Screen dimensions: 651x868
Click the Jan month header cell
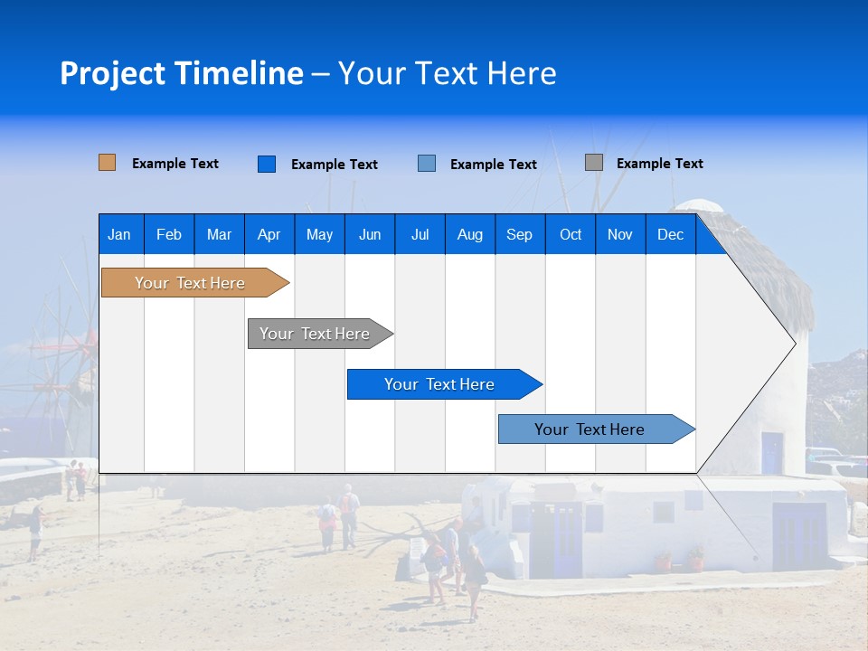pos(120,234)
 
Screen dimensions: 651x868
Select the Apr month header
pos(269,234)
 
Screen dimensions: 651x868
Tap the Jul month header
pos(420,234)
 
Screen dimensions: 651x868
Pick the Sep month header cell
pos(520,234)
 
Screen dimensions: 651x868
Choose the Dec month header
pos(670,234)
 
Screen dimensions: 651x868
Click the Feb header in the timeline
pos(169,234)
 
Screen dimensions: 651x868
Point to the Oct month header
pos(571,234)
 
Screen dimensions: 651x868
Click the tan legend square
pos(108,163)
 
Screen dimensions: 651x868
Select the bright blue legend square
pos(267,164)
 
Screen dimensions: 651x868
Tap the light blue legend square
pos(427,164)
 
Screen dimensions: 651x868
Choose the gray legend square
pos(594,163)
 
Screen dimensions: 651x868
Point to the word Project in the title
pos(112,73)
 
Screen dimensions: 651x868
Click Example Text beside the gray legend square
pos(659,164)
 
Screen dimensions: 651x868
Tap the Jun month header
pos(370,234)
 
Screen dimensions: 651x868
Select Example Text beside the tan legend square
pos(175,164)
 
